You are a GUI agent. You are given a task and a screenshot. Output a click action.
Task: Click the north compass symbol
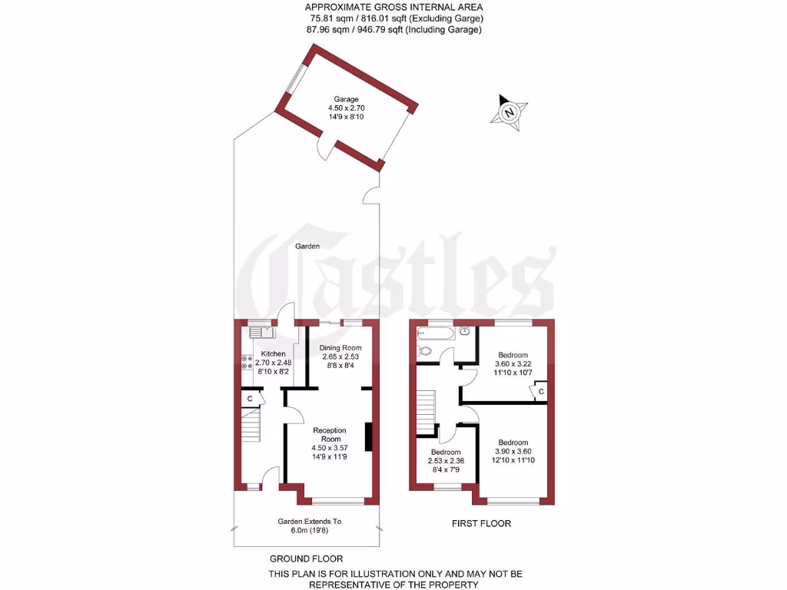click(508, 111)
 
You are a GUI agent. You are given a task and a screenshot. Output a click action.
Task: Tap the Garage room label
click(346, 99)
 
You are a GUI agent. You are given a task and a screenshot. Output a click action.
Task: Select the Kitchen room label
click(273, 353)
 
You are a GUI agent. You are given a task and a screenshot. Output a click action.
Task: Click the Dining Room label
click(339, 348)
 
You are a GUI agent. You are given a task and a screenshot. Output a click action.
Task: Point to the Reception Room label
click(329, 434)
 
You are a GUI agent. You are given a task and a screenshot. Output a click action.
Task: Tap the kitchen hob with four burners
click(247, 362)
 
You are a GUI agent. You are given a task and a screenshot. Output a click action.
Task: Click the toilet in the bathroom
click(426, 350)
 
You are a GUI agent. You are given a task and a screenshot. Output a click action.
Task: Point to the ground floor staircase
click(251, 425)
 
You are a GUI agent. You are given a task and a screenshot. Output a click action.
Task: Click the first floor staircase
click(426, 407)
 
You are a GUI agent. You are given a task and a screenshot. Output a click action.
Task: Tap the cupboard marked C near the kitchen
click(250, 398)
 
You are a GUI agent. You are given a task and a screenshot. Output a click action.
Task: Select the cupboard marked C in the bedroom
click(540, 392)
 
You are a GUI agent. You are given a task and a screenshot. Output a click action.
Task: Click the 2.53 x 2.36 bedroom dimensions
click(445, 461)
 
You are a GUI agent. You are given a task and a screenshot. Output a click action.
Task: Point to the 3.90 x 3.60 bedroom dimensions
click(513, 452)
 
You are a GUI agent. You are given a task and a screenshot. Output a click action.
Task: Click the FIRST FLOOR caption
click(481, 524)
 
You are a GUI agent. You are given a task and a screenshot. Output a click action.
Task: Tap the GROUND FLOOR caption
click(306, 559)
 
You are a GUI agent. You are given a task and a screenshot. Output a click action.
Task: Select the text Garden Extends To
click(309, 522)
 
